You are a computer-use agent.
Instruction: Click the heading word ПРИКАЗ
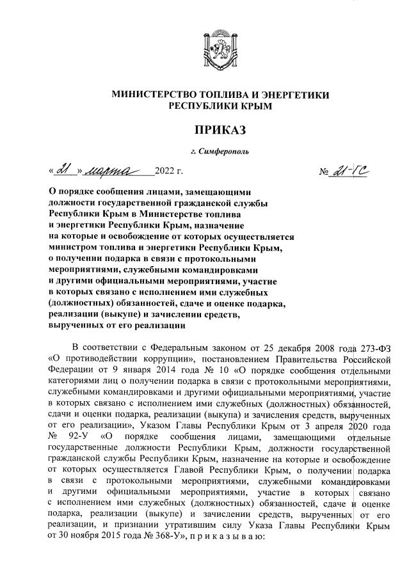(x=221, y=130)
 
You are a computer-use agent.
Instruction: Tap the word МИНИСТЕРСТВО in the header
(x=154, y=95)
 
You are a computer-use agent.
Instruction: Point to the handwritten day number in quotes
(x=63, y=171)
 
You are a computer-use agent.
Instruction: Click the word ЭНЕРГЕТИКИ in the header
(x=298, y=95)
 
